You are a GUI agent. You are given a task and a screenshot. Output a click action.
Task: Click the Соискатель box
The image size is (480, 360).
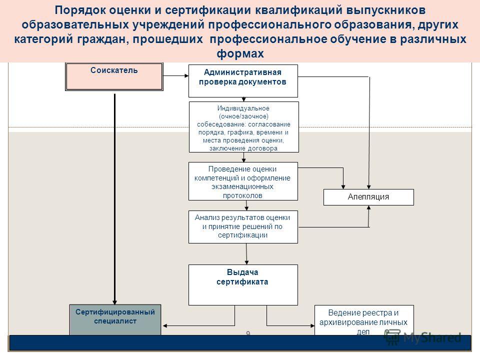click(114, 76)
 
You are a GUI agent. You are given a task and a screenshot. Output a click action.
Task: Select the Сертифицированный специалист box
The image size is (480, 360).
click(115, 320)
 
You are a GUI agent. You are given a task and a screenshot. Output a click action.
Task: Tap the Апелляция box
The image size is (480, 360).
click(368, 197)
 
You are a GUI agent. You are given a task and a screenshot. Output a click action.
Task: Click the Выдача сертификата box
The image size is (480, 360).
click(243, 284)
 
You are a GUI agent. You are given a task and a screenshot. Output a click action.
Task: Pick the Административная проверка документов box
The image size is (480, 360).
click(243, 81)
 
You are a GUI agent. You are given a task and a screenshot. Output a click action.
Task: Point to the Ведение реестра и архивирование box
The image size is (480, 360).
click(364, 320)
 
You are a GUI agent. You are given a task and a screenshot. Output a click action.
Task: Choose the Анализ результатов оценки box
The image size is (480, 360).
click(243, 227)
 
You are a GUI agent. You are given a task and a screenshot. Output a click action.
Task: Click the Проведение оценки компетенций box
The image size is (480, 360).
click(243, 181)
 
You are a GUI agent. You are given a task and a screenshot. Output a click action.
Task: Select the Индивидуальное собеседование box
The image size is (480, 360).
click(243, 127)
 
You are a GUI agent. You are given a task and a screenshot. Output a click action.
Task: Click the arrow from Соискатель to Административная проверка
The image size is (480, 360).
click(175, 75)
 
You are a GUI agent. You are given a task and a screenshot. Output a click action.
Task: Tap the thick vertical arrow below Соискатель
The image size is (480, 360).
click(115, 199)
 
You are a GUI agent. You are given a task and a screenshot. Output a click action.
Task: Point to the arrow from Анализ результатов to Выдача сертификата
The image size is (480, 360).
click(246, 254)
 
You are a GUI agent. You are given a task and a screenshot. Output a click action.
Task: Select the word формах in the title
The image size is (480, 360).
click(240, 53)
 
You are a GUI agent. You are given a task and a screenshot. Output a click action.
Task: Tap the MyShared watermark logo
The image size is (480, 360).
click(423, 337)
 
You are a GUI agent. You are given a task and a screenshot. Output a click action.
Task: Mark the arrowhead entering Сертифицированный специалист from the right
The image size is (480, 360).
click(164, 325)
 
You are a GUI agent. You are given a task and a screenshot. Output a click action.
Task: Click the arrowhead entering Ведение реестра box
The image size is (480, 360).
click(312, 325)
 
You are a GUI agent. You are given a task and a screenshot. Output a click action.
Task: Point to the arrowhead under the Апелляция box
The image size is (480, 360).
click(369, 207)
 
